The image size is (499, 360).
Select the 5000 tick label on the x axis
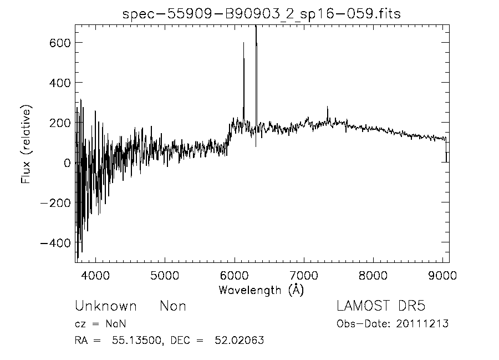(x=165, y=276)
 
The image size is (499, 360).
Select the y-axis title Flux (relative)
(x=26, y=146)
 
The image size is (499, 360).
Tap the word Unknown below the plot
(x=105, y=306)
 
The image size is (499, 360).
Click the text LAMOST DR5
(x=381, y=306)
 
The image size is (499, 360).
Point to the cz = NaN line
(x=103, y=324)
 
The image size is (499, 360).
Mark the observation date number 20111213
(x=424, y=324)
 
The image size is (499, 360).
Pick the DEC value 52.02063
(x=239, y=341)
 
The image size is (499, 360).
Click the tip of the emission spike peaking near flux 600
(x=243, y=43)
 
